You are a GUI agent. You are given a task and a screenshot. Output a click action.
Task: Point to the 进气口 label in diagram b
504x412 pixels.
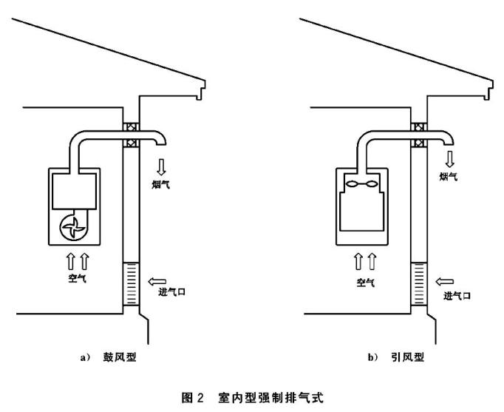[457, 295]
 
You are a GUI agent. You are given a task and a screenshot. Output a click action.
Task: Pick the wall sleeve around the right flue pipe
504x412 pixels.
[418, 135]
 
